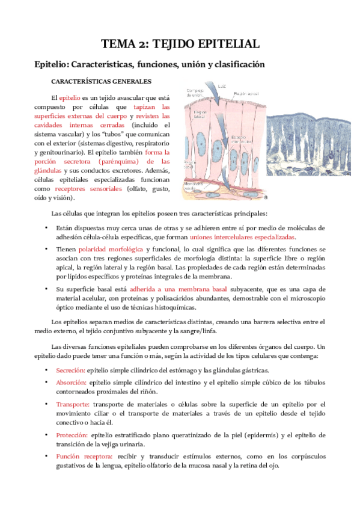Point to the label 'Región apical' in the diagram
point(246,94)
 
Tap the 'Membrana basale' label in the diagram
point(194,186)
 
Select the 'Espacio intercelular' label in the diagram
point(240,140)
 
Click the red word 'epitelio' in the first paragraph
point(69,98)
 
